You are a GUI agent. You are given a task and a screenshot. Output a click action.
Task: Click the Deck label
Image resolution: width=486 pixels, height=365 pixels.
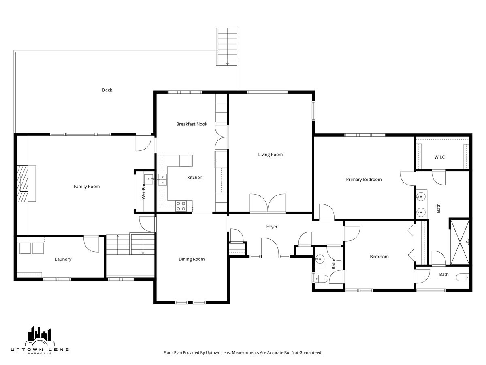tap(107, 90)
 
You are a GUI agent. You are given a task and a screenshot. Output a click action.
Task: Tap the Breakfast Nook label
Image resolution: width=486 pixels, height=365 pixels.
tap(192, 124)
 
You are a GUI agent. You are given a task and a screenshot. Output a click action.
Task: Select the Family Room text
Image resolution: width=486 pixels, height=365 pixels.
tap(87, 187)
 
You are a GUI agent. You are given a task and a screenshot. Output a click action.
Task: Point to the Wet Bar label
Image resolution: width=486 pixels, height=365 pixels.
tap(144, 191)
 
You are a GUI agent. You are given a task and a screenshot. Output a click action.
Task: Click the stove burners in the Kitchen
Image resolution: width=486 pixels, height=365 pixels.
tap(181, 206)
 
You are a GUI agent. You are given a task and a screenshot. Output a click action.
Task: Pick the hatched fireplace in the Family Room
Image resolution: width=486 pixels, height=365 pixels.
tap(22, 183)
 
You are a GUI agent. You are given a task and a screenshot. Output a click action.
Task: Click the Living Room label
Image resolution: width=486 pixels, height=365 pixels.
tap(271, 155)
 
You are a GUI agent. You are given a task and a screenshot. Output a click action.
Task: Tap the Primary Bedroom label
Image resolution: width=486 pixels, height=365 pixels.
tap(364, 180)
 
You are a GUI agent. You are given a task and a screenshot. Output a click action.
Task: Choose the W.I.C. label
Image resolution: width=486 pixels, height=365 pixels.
tap(440, 157)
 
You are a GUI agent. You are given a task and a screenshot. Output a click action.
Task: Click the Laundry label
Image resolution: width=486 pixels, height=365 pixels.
tap(63, 259)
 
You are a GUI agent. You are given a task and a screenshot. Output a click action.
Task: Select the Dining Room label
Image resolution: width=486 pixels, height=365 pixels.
tap(192, 259)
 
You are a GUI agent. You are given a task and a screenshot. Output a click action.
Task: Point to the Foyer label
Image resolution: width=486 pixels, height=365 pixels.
tap(272, 227)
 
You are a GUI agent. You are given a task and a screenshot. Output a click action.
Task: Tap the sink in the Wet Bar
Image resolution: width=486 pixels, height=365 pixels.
tap(149, 179)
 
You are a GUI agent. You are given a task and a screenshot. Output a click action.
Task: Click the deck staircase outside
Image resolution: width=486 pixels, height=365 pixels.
tap(227, 47)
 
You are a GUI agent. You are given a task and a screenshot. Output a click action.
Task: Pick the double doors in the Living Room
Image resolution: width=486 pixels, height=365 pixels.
tap(268, 204)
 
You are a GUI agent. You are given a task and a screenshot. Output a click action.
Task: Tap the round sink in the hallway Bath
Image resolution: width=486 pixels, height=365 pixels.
tap(320, 259)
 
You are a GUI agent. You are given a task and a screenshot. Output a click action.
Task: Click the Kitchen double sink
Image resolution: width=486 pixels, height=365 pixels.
tap(162, 180)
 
